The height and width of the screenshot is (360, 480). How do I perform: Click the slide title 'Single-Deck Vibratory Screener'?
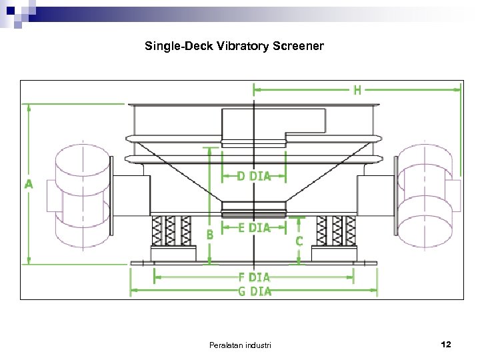pos(234,46)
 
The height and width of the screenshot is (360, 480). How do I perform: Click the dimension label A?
pos(29,185)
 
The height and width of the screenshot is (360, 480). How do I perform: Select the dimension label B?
pos(210,235)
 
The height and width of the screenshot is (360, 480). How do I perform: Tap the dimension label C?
pos(299,241)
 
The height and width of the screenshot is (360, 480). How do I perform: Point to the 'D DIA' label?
pos(254,177)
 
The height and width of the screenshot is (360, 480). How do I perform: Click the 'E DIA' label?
pos(254,228)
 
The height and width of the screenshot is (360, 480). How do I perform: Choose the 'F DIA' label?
pos(254,277)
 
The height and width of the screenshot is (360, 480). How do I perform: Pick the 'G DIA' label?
pos(255,291)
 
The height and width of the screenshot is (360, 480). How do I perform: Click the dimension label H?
pos(357,90)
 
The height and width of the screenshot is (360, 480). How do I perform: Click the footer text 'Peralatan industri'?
pos(240,345)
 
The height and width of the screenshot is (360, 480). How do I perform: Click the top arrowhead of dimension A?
pos(29,108)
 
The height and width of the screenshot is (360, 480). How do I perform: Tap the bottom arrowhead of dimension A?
pos(29,261)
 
